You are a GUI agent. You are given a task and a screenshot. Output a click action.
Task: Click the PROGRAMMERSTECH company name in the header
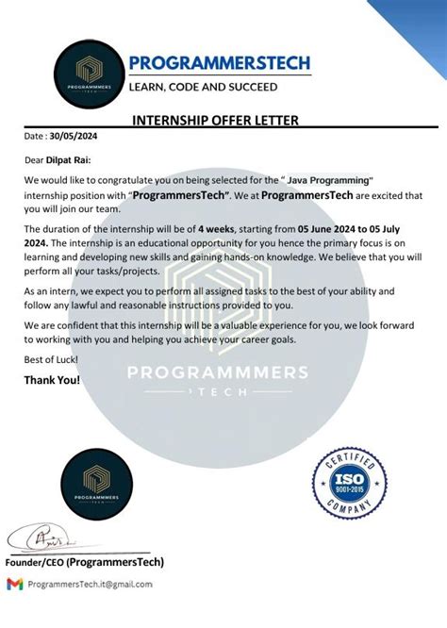click(219, 62)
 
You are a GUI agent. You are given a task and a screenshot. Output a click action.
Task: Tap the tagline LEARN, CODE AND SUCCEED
click(203, 87)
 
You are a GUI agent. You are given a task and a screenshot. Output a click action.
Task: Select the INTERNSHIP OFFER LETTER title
click(215, 120)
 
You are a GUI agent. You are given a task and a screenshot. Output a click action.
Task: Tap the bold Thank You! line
click(53, 380)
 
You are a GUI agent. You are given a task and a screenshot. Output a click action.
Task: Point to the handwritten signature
click(44, 541)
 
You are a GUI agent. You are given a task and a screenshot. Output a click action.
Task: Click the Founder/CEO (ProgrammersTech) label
click(85, 562)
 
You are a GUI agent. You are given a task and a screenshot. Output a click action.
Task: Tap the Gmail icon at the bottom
click(14, 584)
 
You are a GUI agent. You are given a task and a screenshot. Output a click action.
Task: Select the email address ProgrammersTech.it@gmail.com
click(90, 585)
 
